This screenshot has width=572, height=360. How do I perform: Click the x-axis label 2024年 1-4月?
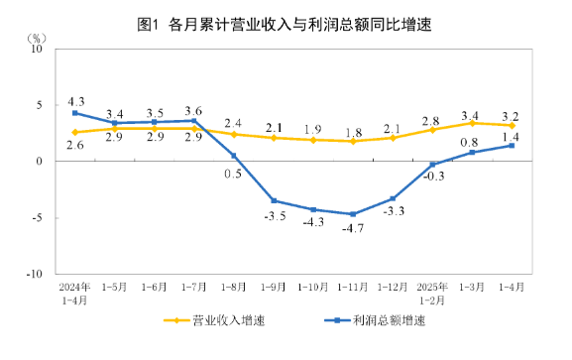pyautogui.click(x=74, y=292)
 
